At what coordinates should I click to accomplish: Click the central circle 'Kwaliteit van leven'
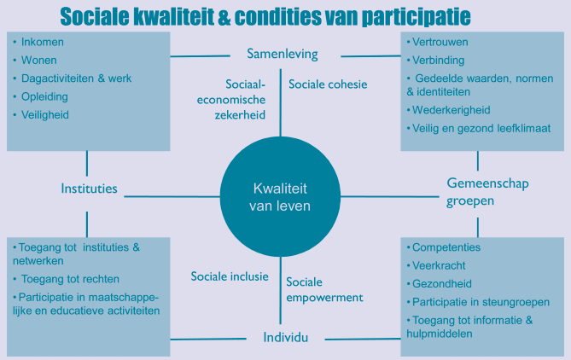pyautogui.click(x=280, y=197)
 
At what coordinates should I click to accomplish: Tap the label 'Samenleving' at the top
pyautogui.click(x=282, y=54)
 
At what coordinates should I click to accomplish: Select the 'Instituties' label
pyautogui.click(x=89, y=189)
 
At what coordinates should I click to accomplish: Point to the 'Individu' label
pyautogui.click(x=285, y=338)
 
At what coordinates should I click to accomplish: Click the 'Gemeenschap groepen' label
pyautogui.click(x=478, y=192)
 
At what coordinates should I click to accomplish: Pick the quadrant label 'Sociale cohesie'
pyautogui.click(x=328, y=84)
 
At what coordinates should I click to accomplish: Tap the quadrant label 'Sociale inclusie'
pyautogui.click(x=230, y=276)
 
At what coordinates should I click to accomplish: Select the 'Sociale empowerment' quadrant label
pyautogui.click(x=324, y=290)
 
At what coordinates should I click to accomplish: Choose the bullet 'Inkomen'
pyautogui.click(x=42, y=41)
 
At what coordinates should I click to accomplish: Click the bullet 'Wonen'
pyautogui.click(x=39, y=60)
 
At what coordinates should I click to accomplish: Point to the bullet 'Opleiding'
pyautogui.click(x=44, y=96)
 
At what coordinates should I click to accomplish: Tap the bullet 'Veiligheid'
pyautogui.click(x=44, y=114)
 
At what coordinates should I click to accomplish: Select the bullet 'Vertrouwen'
pyautogui.click(x=440, y=41)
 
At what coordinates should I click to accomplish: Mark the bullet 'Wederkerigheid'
pyautogui.click(x=452, y=110)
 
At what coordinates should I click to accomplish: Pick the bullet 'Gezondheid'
pyautogui.click(x=442, y=283)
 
